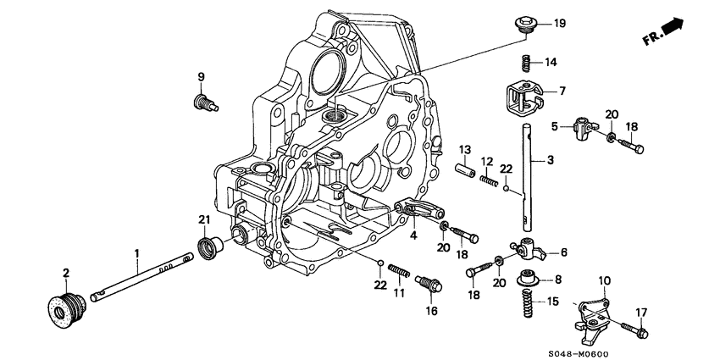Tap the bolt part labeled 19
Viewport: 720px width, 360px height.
click(x=525, y=25)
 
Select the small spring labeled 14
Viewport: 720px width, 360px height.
click(x=525, y=62)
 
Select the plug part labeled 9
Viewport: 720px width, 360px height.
click(x=204, y=103)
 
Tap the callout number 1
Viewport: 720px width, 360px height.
click(x=135, y=252)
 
